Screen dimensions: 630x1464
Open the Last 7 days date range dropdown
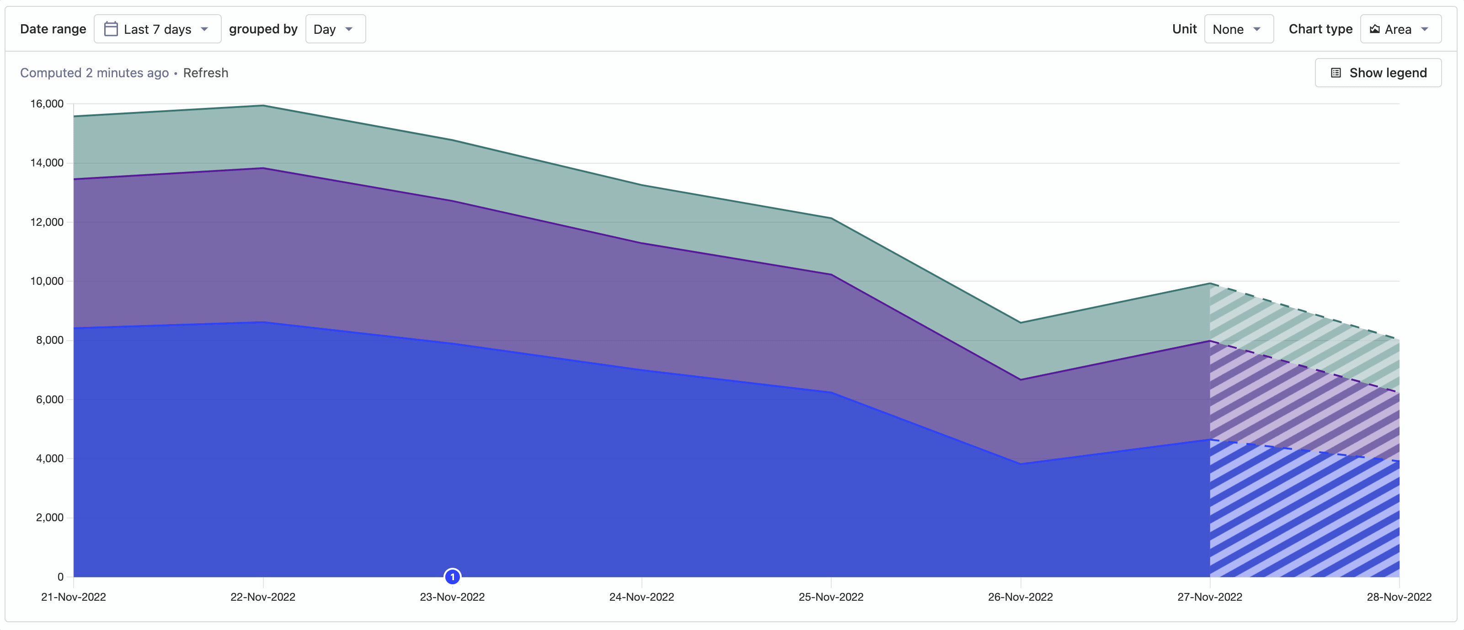coord(157,29)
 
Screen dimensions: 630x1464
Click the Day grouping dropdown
coord(335,29)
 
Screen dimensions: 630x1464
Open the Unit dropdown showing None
coord(1238,29)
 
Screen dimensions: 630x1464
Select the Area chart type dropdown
coord(1400,29)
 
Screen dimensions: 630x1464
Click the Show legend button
coord(1378,73)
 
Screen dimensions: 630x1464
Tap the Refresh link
coord(206,73)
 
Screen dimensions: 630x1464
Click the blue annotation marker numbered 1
coord(452,577)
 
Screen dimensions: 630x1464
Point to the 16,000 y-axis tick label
coord(47,103)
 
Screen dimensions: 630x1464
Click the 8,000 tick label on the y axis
coord(49,340)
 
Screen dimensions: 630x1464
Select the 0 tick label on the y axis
coord(60,577)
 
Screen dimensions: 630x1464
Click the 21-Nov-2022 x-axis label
coord(73,597)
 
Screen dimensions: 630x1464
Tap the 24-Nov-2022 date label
coord(641,597)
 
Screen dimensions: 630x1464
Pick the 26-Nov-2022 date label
coord(1020,597)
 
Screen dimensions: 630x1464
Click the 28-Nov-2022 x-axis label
coord(1399,597)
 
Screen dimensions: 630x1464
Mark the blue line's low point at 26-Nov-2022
coord(1021,464)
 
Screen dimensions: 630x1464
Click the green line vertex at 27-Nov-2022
coord(1210,283)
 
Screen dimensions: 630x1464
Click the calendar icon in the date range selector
coord(111,29)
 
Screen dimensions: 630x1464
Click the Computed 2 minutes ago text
coord(94,73)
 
